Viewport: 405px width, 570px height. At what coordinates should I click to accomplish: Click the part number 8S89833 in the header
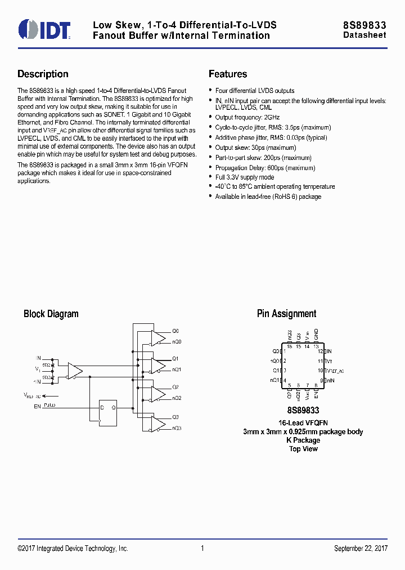coord(364,25)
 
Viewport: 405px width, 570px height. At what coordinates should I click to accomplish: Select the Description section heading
coord(43,74)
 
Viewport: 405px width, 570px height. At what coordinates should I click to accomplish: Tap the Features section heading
coord(228,74)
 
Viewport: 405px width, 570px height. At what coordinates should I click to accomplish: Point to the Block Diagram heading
coord(51,314)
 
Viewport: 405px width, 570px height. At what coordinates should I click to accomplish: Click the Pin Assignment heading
coord(286,314)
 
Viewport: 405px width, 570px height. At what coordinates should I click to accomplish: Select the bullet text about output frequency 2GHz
coord(247,117)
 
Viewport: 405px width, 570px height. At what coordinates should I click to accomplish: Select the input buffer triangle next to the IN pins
coord(74,370)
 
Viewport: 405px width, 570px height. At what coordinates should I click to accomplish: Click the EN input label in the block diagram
coord(37,406)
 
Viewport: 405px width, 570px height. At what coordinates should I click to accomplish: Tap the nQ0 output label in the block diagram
coord(176,342)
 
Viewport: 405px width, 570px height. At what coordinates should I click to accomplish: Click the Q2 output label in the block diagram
coord(175,387)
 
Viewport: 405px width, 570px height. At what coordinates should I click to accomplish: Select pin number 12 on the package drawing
coord(320,351)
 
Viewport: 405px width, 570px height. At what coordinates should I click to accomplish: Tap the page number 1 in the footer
coord(202,549)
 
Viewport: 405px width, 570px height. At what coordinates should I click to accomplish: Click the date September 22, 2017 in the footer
coord(360,549)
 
